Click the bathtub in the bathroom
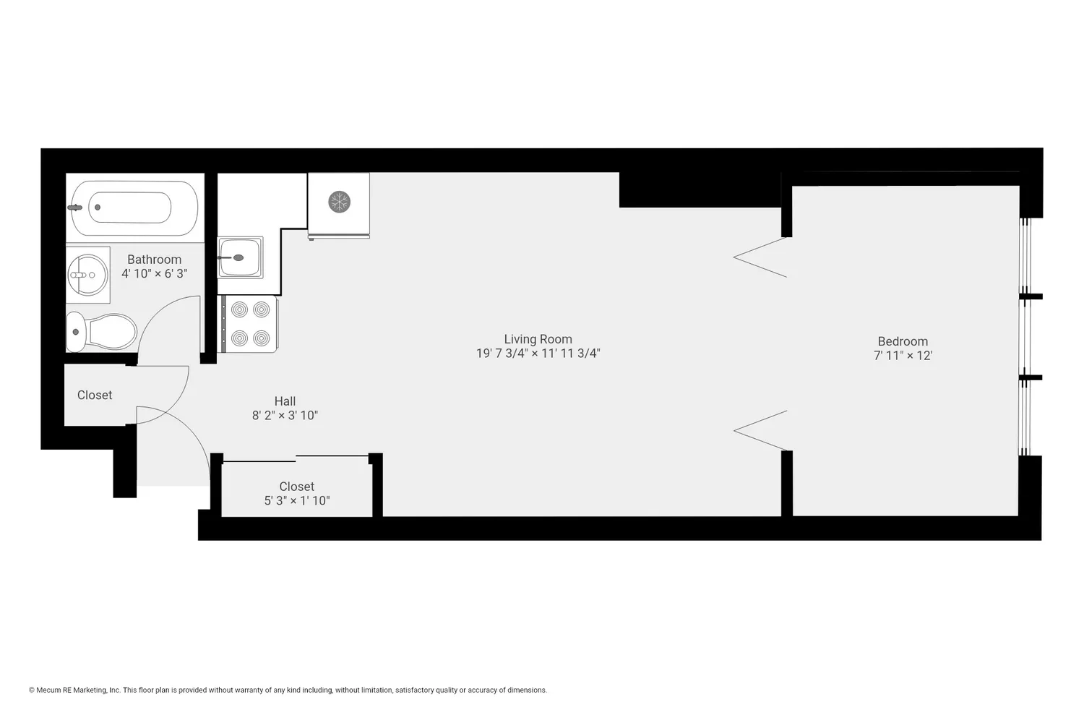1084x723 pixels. (x=134, y=208)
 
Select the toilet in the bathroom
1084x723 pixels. (x=103, y=332)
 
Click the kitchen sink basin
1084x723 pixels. (x=239, y=257)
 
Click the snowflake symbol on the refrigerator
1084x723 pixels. (x=339, y=201)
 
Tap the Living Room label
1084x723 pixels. (x=538, y=339)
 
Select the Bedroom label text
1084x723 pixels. (x=903, y=341)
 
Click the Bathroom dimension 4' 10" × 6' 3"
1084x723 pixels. (x=154, y=274)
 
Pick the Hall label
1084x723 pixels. (x=285, y=401)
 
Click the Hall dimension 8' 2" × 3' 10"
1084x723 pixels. (x=285, y=416)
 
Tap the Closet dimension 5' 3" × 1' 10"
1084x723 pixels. (x=297, y=500)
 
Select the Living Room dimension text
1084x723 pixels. (x=538, y=354)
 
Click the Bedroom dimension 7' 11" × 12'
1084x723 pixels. (x=903, y=356)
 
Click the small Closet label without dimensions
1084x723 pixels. (x=95, y=395)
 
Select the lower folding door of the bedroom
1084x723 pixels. (x=760, y=430)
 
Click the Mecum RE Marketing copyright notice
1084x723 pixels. (x=288, y=690)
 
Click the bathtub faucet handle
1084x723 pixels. (x=74, y=208)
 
